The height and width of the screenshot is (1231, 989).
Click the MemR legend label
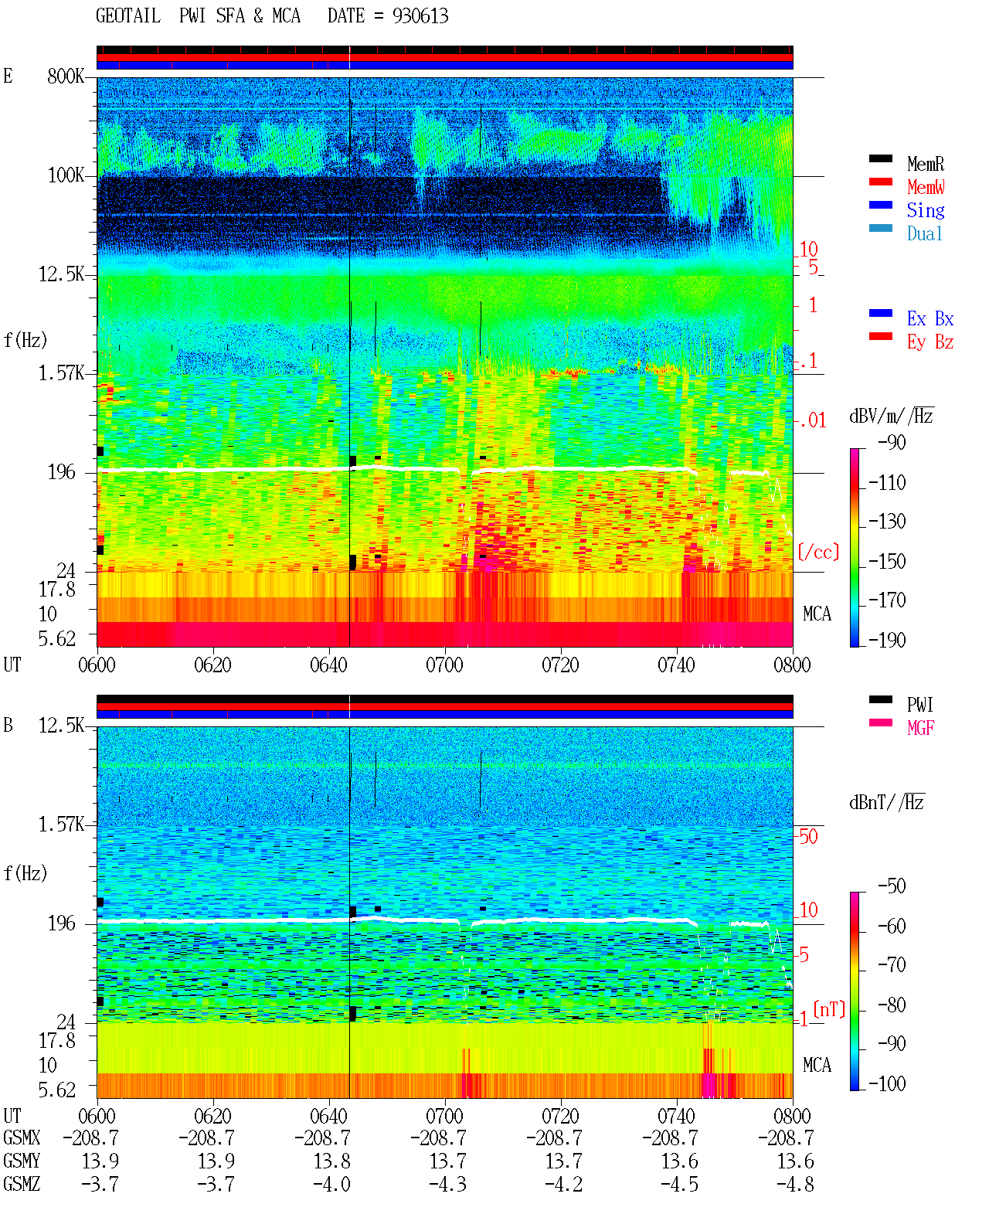click(x=925, y=164)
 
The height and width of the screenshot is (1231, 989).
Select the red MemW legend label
click(x=925, y=187)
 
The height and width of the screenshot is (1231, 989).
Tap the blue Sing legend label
click(x=925, y=210)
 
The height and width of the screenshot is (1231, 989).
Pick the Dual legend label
click(x=924, y=233)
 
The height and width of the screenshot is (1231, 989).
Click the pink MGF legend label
click(x=920, y=728)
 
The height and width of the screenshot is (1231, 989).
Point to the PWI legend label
click(x=919, y=705)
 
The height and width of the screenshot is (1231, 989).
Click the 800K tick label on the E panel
click(x=66, y=76)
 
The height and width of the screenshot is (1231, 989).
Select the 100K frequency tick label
click(x=66, y=175)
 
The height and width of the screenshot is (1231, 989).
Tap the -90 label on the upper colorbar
click(x=892, y=442)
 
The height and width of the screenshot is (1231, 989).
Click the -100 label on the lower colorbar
click(x=887, y=1083)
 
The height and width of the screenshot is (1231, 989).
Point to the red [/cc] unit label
click(x=818, y=552)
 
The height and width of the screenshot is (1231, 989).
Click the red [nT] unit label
click(x=829, y=1009)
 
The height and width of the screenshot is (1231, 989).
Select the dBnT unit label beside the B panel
click(x=887, y=802)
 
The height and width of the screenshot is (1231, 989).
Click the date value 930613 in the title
click(x=420, y=16)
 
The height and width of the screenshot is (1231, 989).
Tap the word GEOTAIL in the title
click(x=128, y=16)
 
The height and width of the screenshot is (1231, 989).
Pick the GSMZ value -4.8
click(x=795, y=1184)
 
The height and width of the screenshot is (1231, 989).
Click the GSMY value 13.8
click(x=331, y=1161)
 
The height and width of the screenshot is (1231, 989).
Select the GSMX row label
click(x=22, y=1137)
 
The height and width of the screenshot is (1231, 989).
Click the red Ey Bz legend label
click(x=930, y=342)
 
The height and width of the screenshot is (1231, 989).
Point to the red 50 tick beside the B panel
click(x=807, y=836)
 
